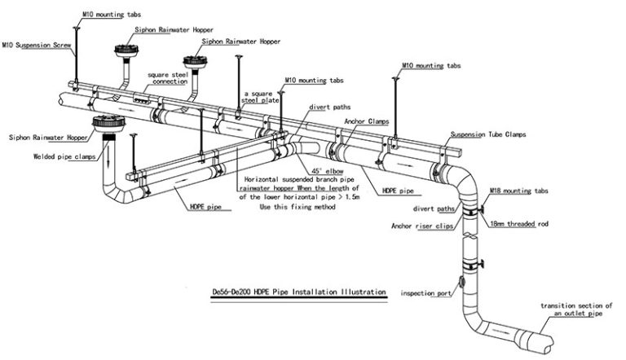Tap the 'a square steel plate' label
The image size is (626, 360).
pyautogui.click(x=260, y=98)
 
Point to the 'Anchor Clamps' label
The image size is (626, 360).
pyautogui.click(x=365, y=121)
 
